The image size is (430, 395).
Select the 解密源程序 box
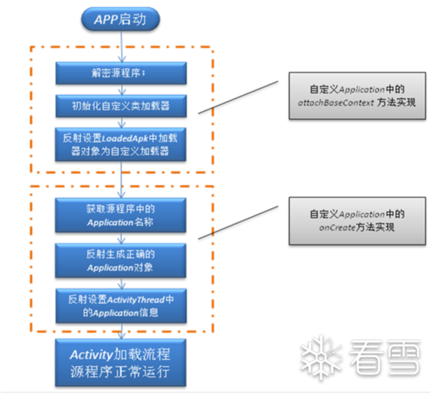point(121,73)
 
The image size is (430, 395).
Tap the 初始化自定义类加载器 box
point(121,106)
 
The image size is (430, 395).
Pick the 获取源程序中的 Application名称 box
point(121,215)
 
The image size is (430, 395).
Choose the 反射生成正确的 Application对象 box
point(121,260)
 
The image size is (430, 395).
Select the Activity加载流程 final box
point(121,362)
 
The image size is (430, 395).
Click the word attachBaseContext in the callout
point(336,103)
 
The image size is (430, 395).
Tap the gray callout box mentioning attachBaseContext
point(357,96)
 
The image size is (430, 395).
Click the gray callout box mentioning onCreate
point(357,221)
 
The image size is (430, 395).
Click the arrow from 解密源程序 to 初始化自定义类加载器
point(121,90)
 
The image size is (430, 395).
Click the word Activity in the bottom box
point(90,354)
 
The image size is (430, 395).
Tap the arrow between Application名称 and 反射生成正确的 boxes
point(121,238)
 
